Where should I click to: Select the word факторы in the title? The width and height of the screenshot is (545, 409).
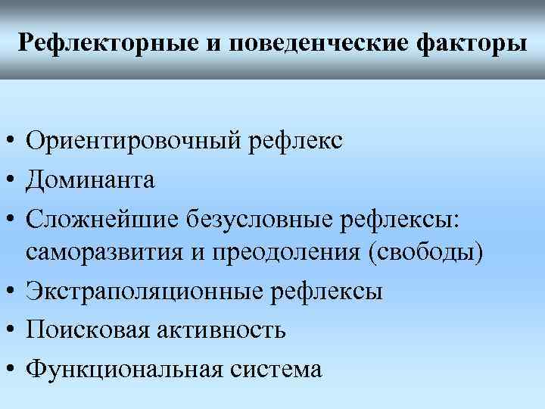pyautogui.click(x=472, y=42)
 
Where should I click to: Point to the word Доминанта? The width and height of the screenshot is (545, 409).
pyautogui.click(x=90, y=180)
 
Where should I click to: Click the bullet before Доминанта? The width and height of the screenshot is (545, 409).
pyautogui.click(x=11, y=181)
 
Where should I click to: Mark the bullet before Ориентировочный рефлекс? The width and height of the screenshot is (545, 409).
pyautogui.click(x=11, y=142)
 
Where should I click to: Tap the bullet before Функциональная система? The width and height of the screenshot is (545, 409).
pyautogui.click(x=11, y=370)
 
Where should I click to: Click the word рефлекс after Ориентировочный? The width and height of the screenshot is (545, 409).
pyautogui.click(x=294, y=141)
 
